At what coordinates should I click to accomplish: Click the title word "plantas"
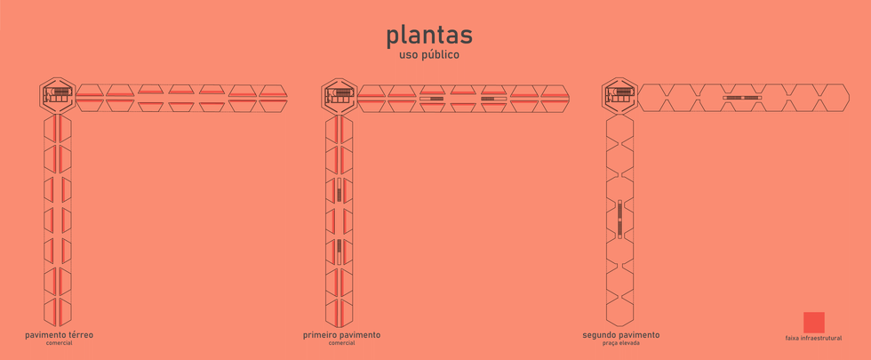429,35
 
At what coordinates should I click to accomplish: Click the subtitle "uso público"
429,55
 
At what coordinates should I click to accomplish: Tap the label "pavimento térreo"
59,335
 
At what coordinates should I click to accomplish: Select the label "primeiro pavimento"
341,335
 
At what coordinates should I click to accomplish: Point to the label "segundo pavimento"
621,335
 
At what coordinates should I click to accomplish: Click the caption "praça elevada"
621,343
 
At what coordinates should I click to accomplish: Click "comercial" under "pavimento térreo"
59,343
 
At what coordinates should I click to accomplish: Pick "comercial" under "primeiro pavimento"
341,343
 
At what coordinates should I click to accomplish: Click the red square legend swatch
813,322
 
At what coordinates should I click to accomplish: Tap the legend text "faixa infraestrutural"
813,339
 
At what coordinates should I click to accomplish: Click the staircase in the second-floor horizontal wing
742,97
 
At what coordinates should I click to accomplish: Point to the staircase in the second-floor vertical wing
619,219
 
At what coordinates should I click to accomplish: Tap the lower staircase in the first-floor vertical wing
340,246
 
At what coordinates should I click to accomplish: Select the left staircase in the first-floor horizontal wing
432,99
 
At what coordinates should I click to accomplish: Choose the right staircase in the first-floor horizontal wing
493,99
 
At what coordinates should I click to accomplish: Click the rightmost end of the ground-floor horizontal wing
283,97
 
